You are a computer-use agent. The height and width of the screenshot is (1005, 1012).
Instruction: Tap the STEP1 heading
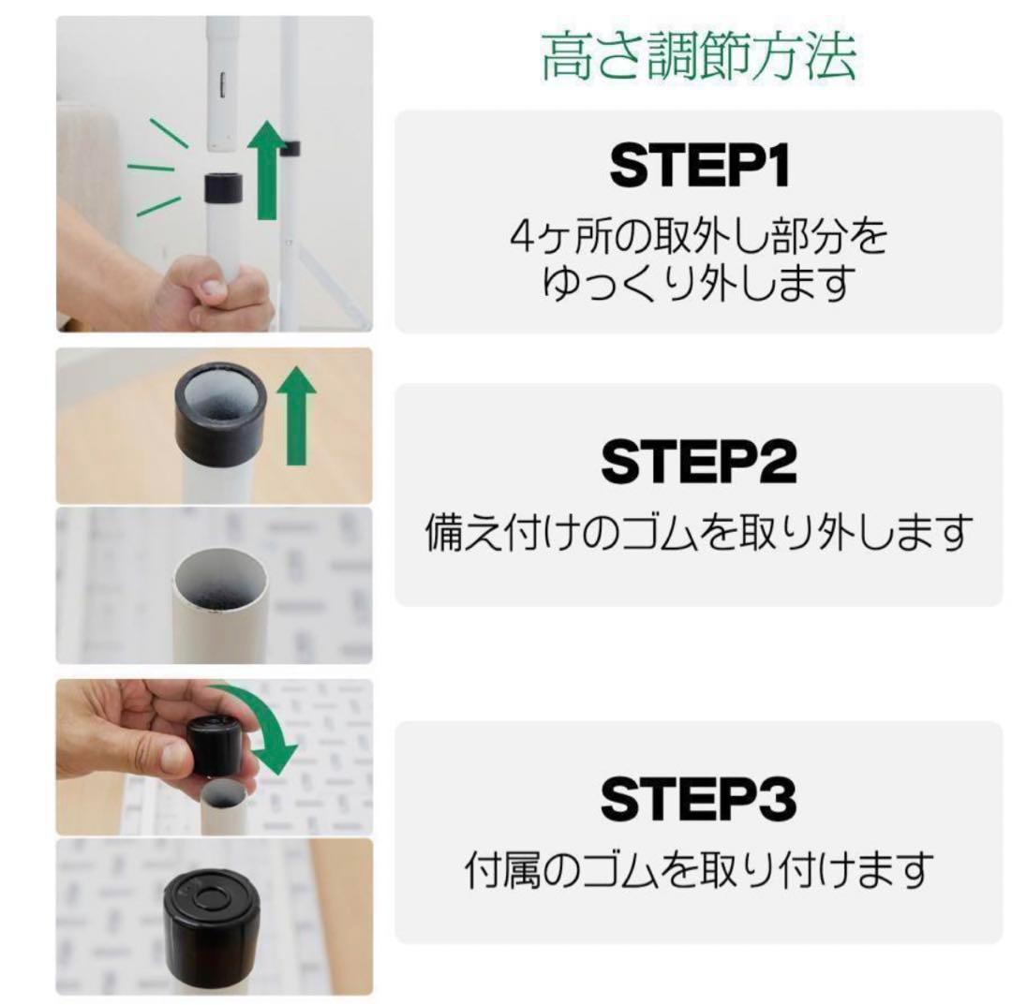(698, 167)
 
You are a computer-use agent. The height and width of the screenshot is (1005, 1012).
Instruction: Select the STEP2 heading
(698, 461)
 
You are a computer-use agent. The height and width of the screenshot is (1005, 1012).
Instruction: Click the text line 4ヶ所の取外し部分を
(698, 237)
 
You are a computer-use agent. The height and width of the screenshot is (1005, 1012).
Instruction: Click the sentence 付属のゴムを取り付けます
(698, 871)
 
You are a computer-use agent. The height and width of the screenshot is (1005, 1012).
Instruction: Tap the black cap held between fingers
(216, 745)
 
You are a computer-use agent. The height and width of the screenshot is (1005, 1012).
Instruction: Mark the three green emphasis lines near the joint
(155, 169)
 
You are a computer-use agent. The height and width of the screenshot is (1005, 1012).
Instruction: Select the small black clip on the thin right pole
(290, 147)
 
